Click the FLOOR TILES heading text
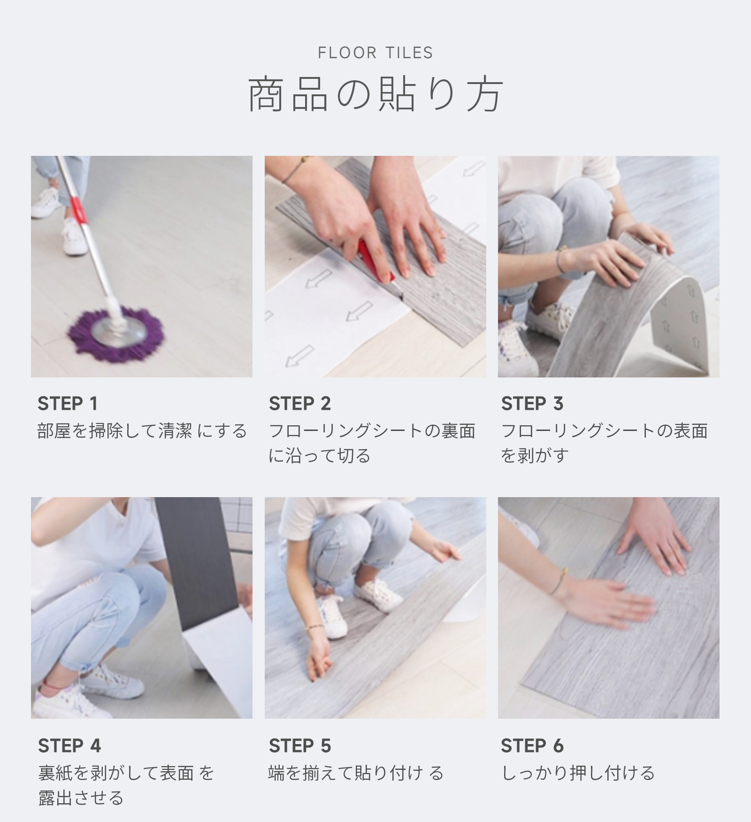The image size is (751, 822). point(375,53)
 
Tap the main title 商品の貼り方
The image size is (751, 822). point(375,95)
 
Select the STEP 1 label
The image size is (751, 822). point(68,403)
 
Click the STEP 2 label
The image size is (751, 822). point(300,403)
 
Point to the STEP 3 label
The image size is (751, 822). point(532,403)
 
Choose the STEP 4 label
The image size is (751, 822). point(69,745)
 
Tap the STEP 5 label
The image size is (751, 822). point(300,745)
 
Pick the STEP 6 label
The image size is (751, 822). point(532,745)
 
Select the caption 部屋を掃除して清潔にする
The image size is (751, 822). point(142,430)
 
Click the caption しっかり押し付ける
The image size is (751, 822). point(578,773)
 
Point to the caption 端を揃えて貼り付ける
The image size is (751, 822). point(356,773)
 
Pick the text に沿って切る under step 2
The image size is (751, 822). point(319,456)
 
